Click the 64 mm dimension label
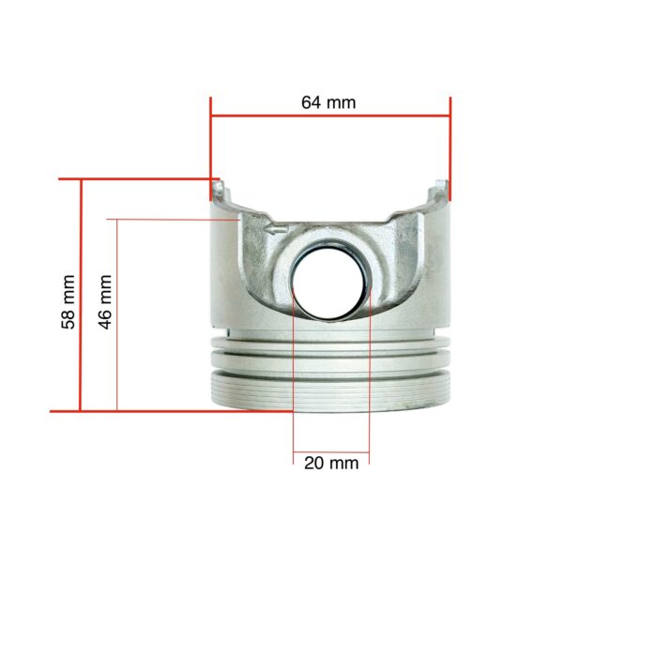(x=328, y=102)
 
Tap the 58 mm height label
(x=68, y=301)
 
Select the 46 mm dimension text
(x=105, y=301)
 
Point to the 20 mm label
(x=331, y=464)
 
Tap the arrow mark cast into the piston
(x=275, y=227)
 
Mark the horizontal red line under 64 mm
(x=330, y=117)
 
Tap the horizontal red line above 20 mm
(x=331, y=451)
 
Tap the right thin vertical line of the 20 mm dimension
(x=370, y=375)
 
